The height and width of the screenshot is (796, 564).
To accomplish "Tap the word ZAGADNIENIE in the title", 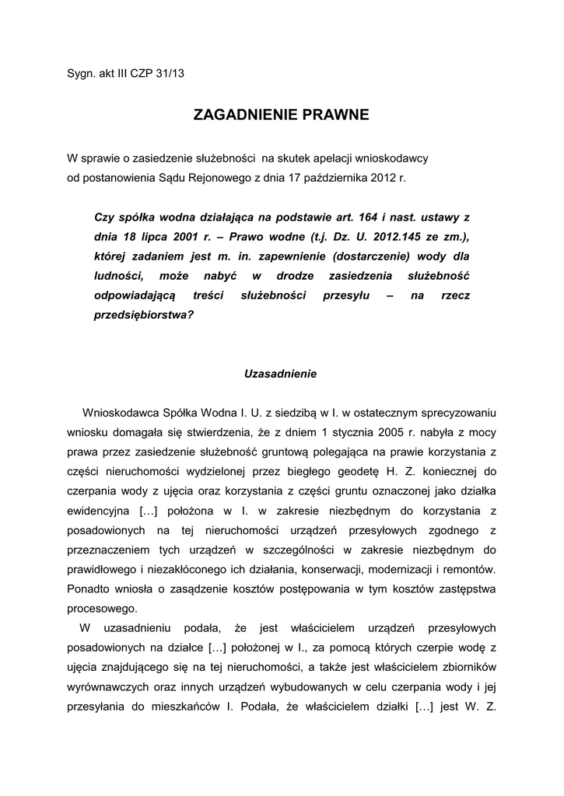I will click(x=240, y=116).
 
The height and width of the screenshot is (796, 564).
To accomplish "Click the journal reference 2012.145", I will click(x=394, y=236).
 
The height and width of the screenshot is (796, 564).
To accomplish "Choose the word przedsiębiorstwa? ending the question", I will click(x=144, y=316).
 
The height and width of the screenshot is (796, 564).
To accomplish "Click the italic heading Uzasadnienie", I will click(x=281, y=373).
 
